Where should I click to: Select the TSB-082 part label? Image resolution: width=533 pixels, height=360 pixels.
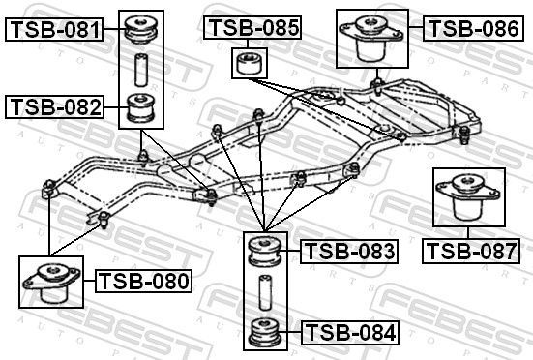[x=54, y=106]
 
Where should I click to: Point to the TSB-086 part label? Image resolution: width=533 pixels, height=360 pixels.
[x=473, y=28]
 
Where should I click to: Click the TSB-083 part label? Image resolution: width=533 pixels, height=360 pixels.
[x=349, y=253]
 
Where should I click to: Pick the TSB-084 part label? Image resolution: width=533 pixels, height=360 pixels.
[x=349, y=334]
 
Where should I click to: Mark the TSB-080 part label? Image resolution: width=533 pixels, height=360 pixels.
[x=144, y=282]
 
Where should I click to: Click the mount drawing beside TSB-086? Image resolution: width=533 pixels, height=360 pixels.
[x=373, y=40]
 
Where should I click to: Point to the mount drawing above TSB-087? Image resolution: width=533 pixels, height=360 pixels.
[x=469, y=201]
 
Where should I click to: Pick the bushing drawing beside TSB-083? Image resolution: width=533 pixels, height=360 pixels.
[x=264, y=250]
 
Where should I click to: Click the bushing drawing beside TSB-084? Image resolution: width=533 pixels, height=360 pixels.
[x=264, y=333]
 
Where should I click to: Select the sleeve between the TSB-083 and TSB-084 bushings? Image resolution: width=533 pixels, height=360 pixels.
[x=264, y=290]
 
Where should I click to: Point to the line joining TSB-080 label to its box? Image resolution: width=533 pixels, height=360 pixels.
[x=87, y=283]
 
